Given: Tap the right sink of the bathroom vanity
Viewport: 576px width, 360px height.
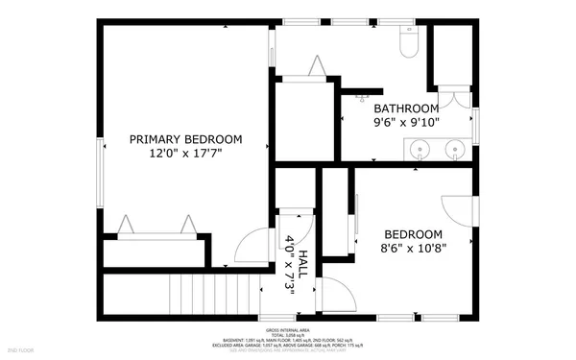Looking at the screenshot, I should click(455, 150).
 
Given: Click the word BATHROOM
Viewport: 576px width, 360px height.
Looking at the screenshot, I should click(406, 108).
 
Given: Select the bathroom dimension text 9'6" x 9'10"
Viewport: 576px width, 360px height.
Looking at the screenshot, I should click(406, 122).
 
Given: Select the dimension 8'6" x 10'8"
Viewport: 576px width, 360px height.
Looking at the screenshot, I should click(413, 249).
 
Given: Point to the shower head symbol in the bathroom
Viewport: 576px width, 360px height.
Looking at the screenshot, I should click(364, 95).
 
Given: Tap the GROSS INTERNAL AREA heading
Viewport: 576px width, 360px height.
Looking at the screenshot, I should click(288, 328).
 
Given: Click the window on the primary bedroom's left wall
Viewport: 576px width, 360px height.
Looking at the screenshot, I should click(99, 173).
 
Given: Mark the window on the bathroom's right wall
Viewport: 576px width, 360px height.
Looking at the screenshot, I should click(474, 125).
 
